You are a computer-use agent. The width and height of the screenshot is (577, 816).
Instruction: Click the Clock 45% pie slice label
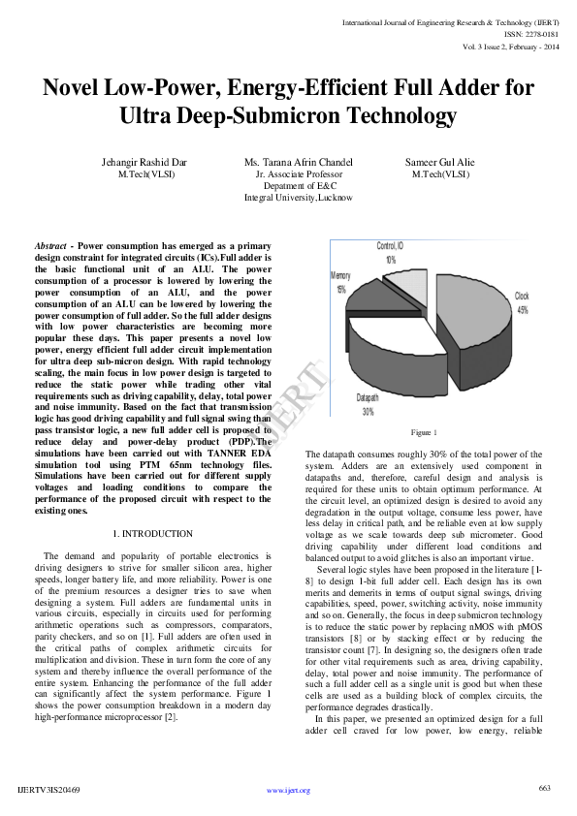point(522,302)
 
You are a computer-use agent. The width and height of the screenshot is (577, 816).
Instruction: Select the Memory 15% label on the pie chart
point(340,282)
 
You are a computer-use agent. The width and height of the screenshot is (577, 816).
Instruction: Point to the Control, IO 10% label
point(391,252)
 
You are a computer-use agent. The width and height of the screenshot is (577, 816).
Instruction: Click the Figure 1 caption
point(424,431)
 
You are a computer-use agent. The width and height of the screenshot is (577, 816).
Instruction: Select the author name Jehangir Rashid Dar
point(144,162)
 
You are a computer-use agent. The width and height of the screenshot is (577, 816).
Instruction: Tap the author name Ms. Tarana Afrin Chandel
point(298,162)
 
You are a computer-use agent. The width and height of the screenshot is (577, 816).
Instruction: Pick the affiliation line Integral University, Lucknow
point(298,197)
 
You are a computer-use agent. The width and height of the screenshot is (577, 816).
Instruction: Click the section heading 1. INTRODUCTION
point(152,534)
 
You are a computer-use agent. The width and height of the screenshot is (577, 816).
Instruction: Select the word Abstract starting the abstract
point(50,247)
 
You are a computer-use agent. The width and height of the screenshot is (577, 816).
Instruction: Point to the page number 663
point(544,788)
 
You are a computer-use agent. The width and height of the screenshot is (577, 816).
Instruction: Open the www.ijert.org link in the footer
point(288,790)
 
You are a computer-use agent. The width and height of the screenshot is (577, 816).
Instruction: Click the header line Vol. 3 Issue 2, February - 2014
point(510,46)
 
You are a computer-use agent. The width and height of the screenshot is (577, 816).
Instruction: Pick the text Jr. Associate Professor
point(298,174)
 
